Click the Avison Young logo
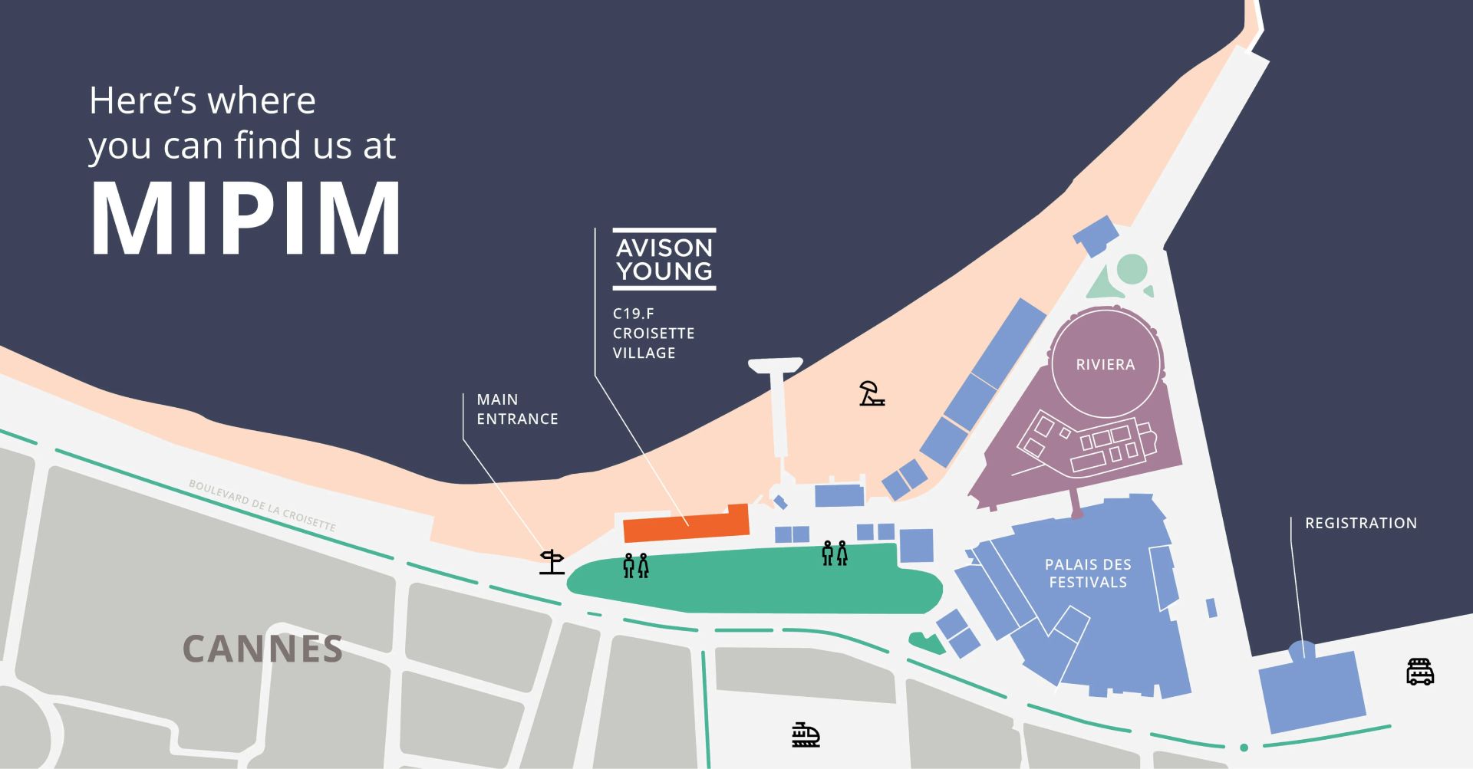pos(664,259)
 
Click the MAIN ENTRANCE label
pos(516,409)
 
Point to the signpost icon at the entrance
pos(552,562)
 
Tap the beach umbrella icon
pos(871,393)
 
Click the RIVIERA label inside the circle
pos(1105,364)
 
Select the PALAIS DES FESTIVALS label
pos(1088,573)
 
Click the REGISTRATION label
pos(1360,523)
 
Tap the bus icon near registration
pos(1419,672)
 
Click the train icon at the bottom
pos(806,734)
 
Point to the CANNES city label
pos(262,649)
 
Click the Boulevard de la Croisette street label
pos(262,506)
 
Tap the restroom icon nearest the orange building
pos(635,565)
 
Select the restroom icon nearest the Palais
pos(834,553)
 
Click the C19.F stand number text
pos(633,314)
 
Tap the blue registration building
pos(1312,690)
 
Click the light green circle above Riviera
pos(1132,270)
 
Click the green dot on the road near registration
pos(1244,747)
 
